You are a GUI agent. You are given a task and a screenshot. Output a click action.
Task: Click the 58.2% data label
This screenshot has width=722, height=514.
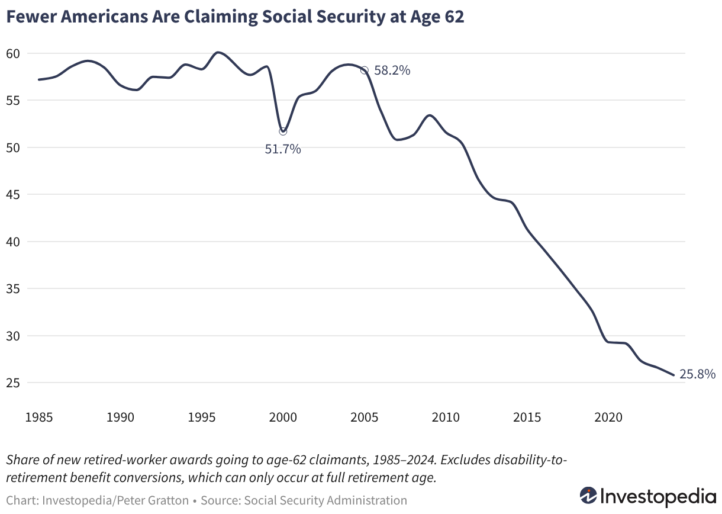click(x=392, y=70)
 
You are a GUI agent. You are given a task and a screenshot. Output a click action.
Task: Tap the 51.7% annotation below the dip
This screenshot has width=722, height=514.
click(x=283, y=149)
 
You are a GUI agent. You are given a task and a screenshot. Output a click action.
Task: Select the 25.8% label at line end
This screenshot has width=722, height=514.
click(x=698, y=374)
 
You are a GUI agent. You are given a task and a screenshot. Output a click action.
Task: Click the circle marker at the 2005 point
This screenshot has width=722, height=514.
click(x=364, y=70)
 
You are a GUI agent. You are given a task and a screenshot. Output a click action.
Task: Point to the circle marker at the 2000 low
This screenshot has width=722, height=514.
click(x=283, y=131)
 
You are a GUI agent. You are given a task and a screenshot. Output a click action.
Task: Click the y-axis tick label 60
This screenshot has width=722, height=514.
click(x=13, y=53)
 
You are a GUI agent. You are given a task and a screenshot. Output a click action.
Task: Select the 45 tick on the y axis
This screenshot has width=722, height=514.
click(x=13, y=195)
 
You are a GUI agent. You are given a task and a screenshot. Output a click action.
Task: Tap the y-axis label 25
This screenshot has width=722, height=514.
click(x=13, y=383)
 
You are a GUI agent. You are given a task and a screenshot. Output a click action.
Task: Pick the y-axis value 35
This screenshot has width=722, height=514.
click(x=13, y=289)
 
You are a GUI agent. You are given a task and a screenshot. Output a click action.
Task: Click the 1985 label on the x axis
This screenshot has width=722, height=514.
click(x=38, y=417)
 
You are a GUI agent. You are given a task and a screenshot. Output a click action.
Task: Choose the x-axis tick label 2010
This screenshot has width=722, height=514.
click(x=446, y=417)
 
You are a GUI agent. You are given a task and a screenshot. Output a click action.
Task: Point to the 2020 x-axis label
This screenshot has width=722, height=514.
click(x=608, y=417)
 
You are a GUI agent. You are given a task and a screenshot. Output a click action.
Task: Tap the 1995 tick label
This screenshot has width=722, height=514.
click(x=201, y=417)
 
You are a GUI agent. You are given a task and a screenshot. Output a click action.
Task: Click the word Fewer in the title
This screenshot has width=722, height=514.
click(x=31, y=17)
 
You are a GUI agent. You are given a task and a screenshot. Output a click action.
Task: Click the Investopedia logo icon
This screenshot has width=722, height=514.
click(x=589, y=496)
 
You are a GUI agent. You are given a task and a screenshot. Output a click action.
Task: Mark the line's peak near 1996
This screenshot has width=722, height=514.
click(x=218, y=52)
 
